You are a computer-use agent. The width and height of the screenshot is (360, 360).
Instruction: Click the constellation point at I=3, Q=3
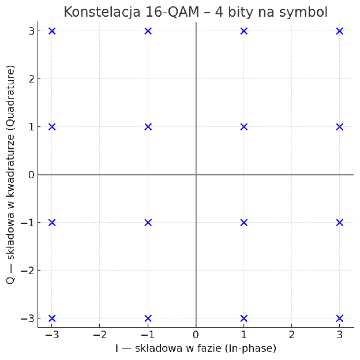[x=339, y=31]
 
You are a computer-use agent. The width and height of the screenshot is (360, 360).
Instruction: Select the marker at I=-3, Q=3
[x=52, y=31]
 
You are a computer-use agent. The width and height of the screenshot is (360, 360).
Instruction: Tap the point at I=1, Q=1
[x=243, y=127]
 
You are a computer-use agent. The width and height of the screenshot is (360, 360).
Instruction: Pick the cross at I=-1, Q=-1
[x=148, y=223]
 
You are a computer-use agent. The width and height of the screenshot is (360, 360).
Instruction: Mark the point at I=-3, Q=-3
[x=52, y=318]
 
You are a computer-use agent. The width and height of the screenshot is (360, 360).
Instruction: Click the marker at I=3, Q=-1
[x=339, y=223]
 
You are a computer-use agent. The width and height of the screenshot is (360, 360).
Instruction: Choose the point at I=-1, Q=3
[x=148, y=31]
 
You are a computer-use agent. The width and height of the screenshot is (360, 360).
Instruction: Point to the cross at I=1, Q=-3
[x=243, y=318]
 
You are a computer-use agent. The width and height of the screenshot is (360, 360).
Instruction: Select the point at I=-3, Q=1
[x=52, y=127]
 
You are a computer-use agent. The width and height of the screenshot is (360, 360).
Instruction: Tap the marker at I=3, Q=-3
[x=339, y=318]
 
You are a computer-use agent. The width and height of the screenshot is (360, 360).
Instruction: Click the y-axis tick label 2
[x=31, y=79]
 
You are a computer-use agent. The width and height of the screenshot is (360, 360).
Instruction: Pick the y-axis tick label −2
[x=28, y=271]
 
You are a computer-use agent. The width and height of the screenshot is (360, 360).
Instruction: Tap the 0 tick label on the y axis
[x=31, y=175]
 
